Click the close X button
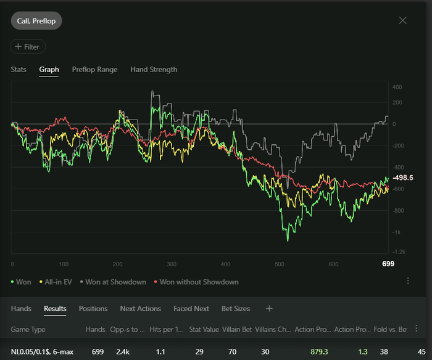click(403, 20)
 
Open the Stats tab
click(19, 70)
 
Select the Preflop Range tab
click(94, 70)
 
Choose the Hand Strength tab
click(154, 70)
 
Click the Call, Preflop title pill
click(36, 20)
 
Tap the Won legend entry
click(22, 282)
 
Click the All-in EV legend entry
click(57, 282)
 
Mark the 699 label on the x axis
click(388, 264)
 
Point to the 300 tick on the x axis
click(172, 264)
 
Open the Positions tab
click(93, 308)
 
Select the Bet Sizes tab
click(236, 308)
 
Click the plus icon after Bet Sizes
click(269, 308)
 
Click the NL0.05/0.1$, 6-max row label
click(43, 351)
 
